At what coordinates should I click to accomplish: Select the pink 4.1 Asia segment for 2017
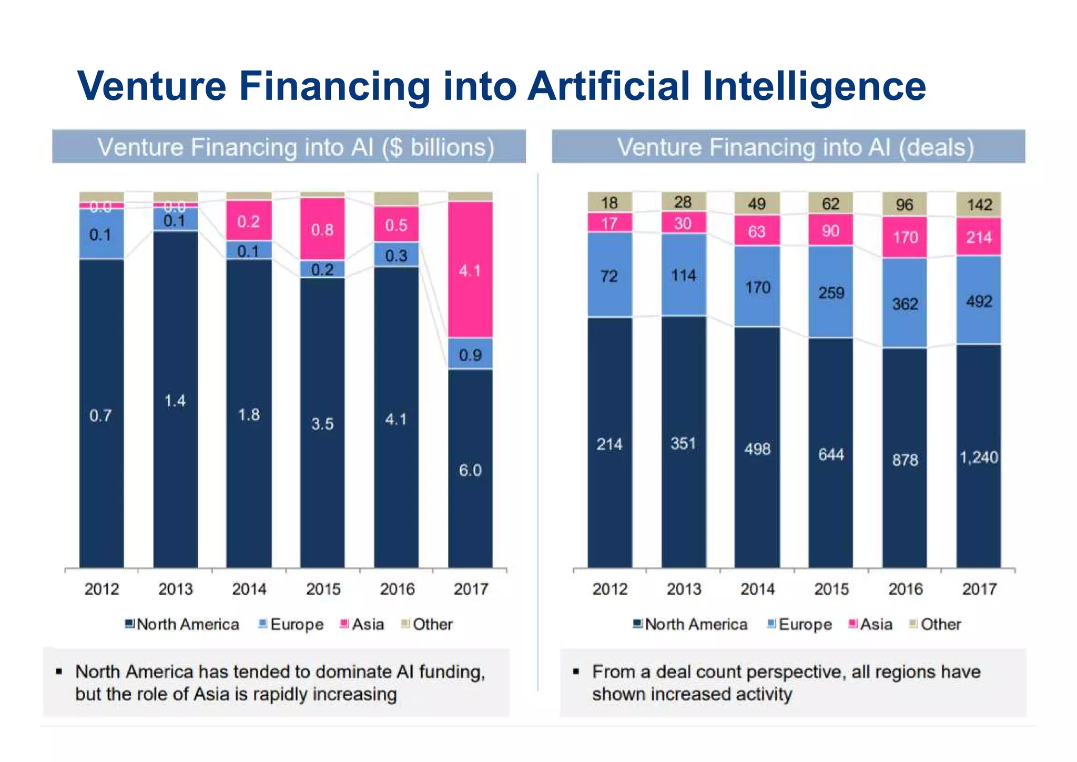click(x=470, y=270)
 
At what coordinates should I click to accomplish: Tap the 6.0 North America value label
click(x=470, y=470)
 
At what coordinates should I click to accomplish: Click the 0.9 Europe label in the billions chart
click(x=470, y=355)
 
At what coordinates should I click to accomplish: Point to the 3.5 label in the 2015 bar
click(x=322, y=424)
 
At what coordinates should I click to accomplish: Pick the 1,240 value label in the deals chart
click(x=979, y=458)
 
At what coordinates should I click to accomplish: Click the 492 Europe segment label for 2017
click(x=979, y=301)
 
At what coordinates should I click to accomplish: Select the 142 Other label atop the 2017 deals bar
click(x=979, y=205)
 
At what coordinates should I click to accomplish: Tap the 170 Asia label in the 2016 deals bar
click(x=905, y=238)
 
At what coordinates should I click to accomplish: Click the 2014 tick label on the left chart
click(x=249, y=589)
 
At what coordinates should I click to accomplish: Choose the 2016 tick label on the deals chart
click(x=905, y=589)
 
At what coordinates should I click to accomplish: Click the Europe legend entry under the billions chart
click(x=297, y=624)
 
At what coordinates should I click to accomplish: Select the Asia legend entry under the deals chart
click(x=876, y=624)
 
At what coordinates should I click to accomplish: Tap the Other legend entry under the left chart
click(x=432, y=624)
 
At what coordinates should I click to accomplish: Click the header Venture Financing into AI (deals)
click(x=795, y=147)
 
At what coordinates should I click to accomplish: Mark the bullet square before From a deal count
click(x=576, y=672)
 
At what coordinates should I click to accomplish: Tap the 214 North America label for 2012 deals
click(x=609, y=445)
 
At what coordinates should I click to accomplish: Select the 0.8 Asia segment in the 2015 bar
click(x=322, y=230)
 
